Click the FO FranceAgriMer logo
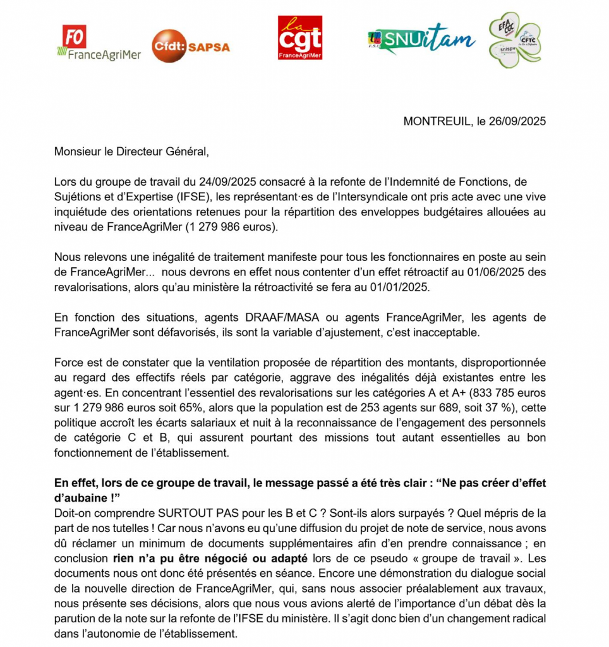(99, 43)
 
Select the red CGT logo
(300, 38)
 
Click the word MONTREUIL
(437, 121)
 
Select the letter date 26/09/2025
(518, 121)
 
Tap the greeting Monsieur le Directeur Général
(131, 152)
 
